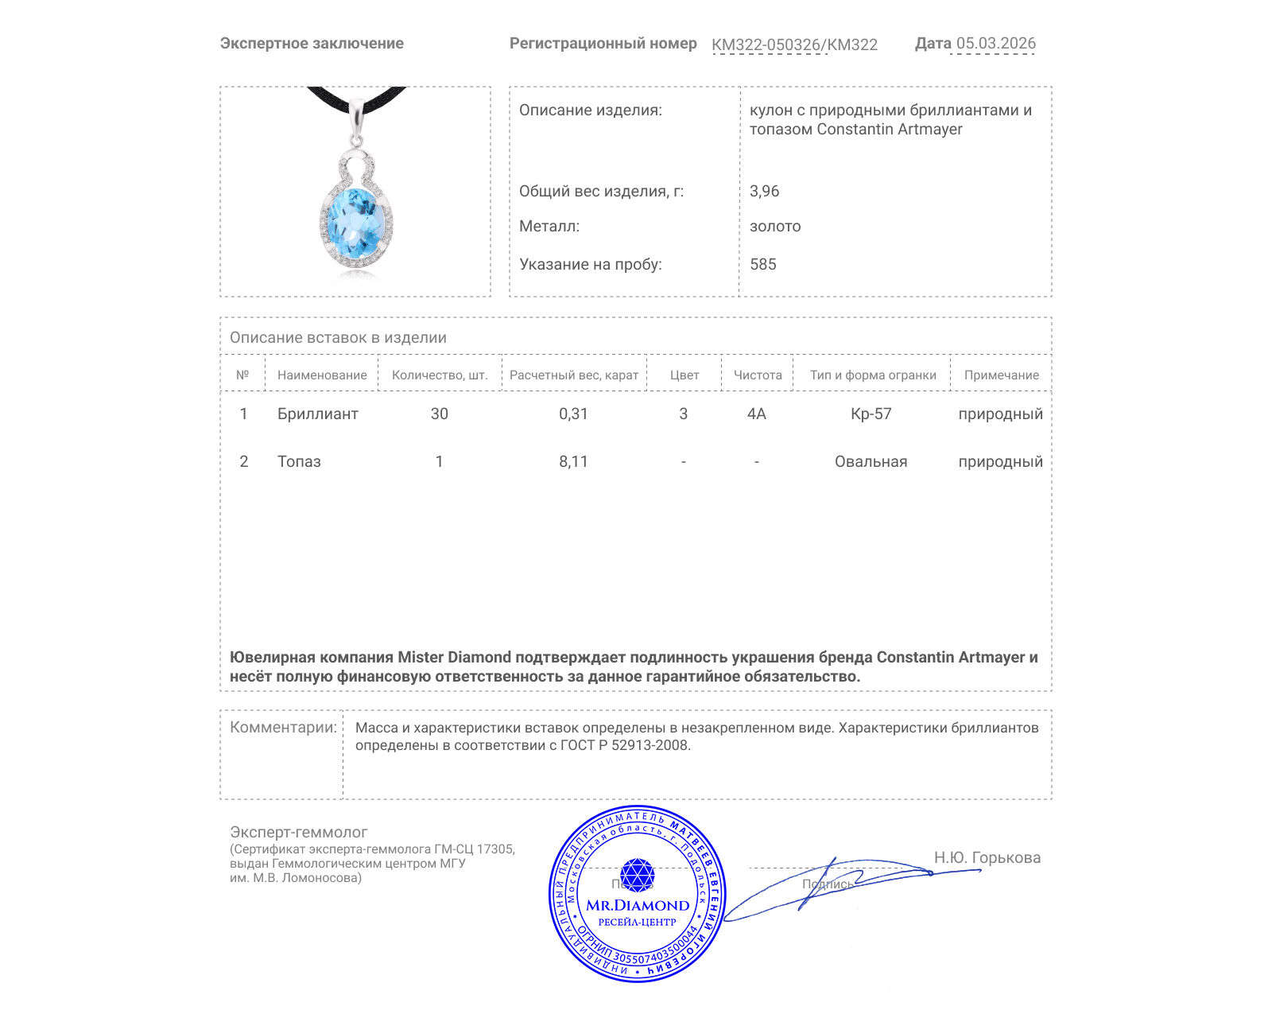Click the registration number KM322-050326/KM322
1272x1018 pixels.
(794, 45)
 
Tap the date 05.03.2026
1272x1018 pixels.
(995, 43)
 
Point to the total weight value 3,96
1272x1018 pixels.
(764, 191)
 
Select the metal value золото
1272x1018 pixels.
(775, 226)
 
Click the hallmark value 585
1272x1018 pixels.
(762, 264)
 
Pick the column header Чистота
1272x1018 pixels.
(757, 375)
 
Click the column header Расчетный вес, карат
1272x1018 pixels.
(573, 375)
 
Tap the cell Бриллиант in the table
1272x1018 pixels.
(317, 414)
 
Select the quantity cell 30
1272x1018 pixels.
(439, 414)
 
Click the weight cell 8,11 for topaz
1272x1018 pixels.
(573, 461)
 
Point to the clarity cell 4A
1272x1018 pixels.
(756, 414)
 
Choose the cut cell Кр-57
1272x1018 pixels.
(871, 414)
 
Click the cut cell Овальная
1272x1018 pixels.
(871, 461)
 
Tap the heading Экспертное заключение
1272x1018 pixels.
(312, 43)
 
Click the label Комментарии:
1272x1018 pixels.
(283, 727)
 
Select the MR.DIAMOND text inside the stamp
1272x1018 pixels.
(638, 905)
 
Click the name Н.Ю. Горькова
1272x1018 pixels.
(987, 857)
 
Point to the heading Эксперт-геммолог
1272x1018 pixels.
(298, 832)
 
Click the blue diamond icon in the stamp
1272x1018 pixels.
(637, 874)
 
